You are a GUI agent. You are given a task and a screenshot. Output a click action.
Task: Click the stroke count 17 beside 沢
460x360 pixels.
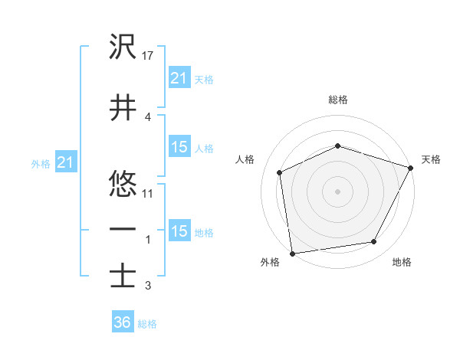tap(148, 56)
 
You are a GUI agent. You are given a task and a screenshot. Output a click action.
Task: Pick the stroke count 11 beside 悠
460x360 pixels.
tap(148, 193)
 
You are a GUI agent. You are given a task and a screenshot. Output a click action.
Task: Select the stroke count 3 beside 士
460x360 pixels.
tap(148, 286)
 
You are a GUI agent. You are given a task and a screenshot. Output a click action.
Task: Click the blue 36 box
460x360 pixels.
tap(122, 322)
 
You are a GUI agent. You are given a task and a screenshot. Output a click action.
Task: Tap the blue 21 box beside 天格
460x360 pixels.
tap(179, 77)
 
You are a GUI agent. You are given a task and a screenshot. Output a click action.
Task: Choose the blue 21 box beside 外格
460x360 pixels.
tap(65, 162)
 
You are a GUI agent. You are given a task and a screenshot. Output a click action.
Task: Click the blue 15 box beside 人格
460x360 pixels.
tap(179, 147)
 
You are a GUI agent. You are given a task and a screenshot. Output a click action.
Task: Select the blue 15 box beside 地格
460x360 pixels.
tap(179, 231)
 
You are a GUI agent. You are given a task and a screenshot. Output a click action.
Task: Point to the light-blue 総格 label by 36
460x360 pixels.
tap(147, 324)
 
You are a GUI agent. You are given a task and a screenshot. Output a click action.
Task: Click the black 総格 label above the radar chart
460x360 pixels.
tap(338, 100)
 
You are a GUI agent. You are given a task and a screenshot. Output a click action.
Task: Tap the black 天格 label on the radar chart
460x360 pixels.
tap(431, 159)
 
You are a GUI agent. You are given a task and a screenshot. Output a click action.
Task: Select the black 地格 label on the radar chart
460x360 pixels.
tap(402, 263)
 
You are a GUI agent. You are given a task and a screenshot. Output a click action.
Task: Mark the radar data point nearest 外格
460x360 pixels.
tap(292, 253)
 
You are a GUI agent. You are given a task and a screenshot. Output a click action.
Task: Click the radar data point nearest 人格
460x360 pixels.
tap(280, 172)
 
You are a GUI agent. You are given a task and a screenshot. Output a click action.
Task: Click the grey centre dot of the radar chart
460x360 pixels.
tap(337, 191)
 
